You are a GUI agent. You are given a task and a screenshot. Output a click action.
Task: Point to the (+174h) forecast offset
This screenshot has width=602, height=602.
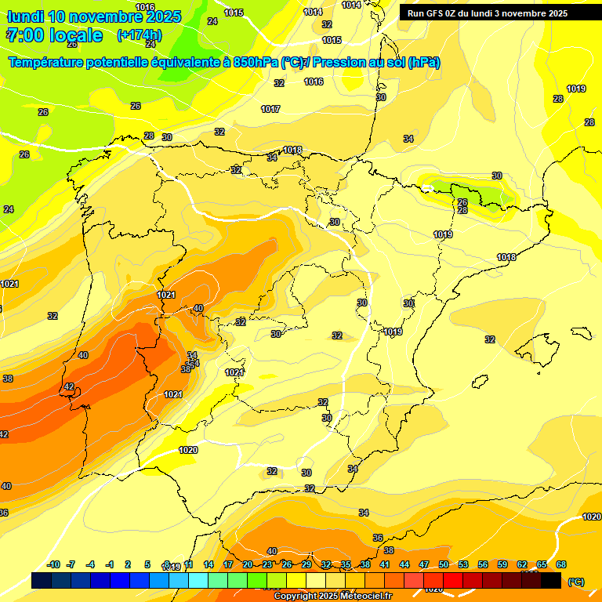pyautogui.click(x=140, y=35)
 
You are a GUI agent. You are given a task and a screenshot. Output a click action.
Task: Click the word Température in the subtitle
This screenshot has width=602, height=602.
pyautogui.click(x=47, y=63)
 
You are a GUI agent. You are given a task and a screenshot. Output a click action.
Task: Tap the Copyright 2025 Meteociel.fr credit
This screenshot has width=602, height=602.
pyautogui.click(x=332, y=597)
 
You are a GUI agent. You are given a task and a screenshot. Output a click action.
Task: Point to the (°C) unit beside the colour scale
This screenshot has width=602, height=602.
pyautogui.click(x=576, y=581)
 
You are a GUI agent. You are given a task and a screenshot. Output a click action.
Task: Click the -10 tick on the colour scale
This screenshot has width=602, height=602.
pyautogui.click(x=53, y=564)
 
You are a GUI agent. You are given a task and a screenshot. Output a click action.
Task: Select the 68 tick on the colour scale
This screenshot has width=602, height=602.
pyautogui.click(x=561, y=564)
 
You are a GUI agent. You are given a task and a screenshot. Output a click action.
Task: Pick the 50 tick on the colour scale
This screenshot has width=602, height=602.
pyautogui.click(x=444, y=564)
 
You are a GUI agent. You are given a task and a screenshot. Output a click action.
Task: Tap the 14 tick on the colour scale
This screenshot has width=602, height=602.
pyautogui.click(x=209, y=564)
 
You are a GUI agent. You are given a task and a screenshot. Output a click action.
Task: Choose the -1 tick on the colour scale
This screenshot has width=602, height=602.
pyautogui.click(x=111, y=564)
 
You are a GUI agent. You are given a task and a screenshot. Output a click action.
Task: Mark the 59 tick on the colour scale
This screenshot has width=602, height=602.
pyautogui.click(x=502, y=564)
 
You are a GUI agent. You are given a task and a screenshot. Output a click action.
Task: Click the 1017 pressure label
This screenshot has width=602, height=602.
pyautogui.click(x=270, y=109)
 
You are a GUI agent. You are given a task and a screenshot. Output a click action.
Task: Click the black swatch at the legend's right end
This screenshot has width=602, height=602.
pyautogui.click(x=551, y=581)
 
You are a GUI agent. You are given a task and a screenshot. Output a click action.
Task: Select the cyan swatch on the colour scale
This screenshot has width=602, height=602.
pyautogui.click(x=198, y=581)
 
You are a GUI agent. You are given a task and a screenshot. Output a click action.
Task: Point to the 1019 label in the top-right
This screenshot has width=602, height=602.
pyautogui.click(x=576, y=89)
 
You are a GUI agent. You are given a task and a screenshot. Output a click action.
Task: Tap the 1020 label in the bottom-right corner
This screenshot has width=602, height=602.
pyautogui.click(x=592, y=517)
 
